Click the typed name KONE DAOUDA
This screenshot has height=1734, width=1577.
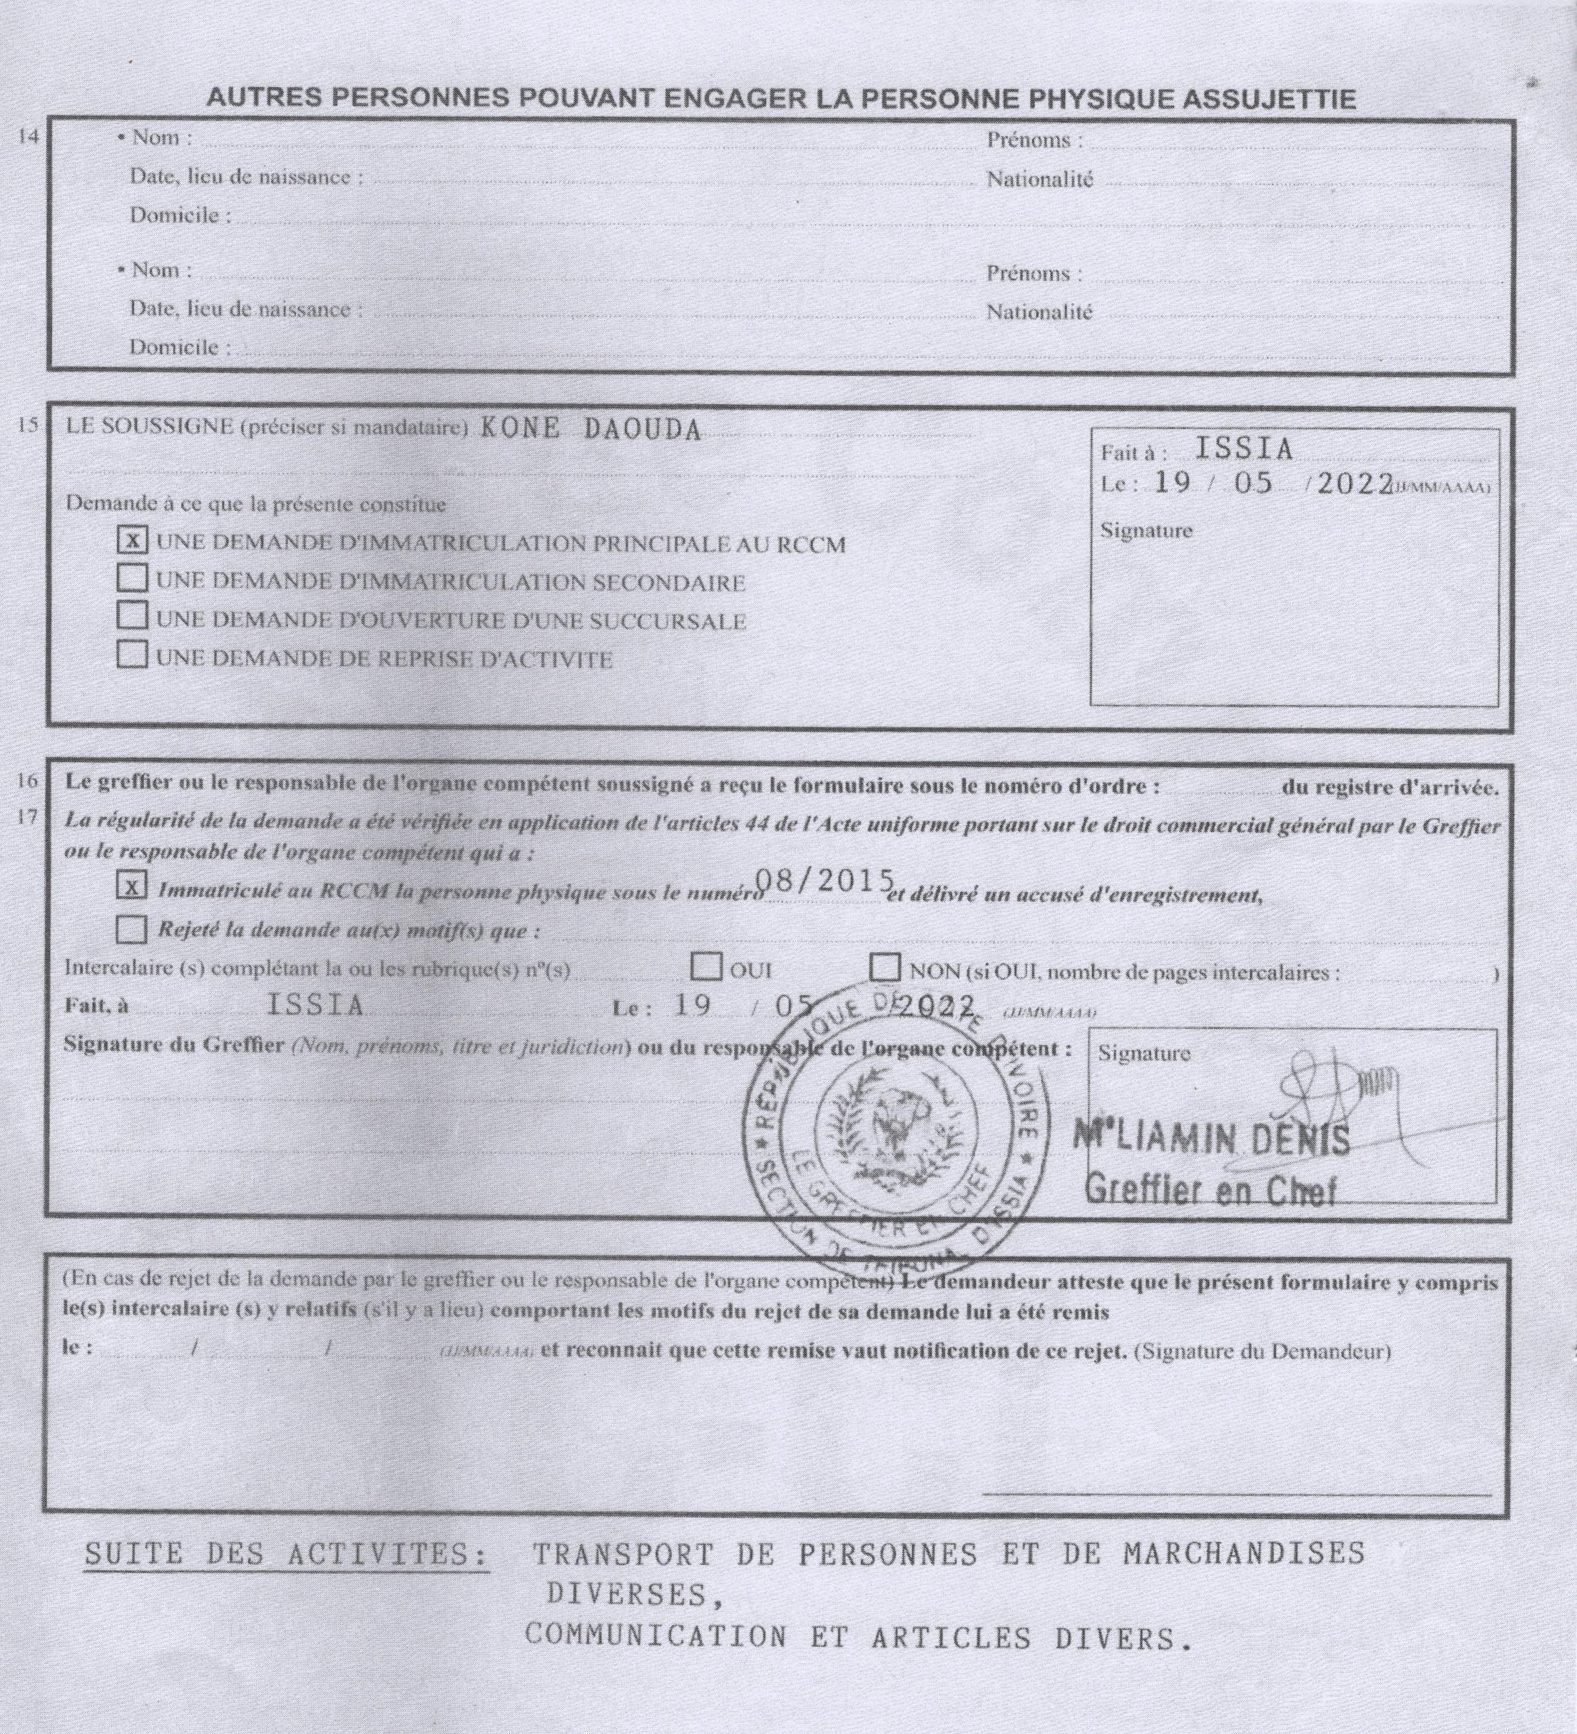589,429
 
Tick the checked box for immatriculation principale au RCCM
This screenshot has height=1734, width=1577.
132,540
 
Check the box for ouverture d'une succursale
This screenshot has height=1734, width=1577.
132,616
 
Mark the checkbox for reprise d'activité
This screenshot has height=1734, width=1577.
132,655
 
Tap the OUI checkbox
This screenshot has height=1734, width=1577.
706,968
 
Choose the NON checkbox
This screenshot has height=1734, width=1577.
884,968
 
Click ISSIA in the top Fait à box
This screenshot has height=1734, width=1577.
1245,449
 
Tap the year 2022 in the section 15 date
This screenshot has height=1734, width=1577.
1355,483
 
